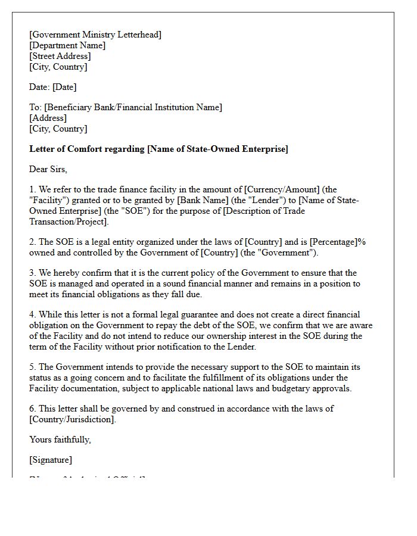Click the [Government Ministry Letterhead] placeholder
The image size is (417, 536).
[95, 35]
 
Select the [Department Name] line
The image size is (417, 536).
[67, 45]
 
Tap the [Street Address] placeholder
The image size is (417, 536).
[60, 56]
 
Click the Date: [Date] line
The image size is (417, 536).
[53, 87]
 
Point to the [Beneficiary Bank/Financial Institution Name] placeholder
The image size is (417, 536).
[133, 107]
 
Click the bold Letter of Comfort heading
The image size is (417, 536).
[158, 149]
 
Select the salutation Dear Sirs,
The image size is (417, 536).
[48, 169]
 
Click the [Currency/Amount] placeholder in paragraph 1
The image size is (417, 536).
[282, 189]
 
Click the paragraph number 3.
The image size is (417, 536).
[32, 273]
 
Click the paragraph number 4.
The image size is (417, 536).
[32, 314]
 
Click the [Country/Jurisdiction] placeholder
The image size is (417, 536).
[72, 419]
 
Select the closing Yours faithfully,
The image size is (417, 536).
[60, 440]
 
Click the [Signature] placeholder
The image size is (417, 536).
[51, 460]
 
